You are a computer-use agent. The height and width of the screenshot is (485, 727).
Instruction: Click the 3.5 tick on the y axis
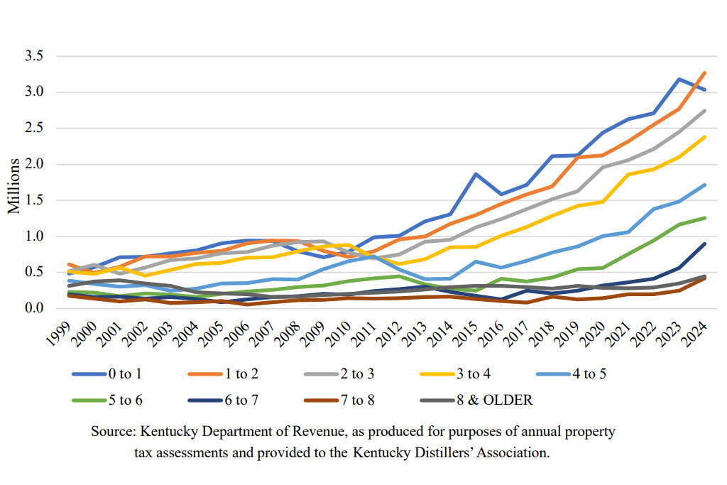[35, 56]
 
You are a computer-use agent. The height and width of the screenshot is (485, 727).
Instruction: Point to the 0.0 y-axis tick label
[35, 308]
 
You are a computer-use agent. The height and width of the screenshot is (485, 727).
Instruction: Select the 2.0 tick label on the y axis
[35, 164]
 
